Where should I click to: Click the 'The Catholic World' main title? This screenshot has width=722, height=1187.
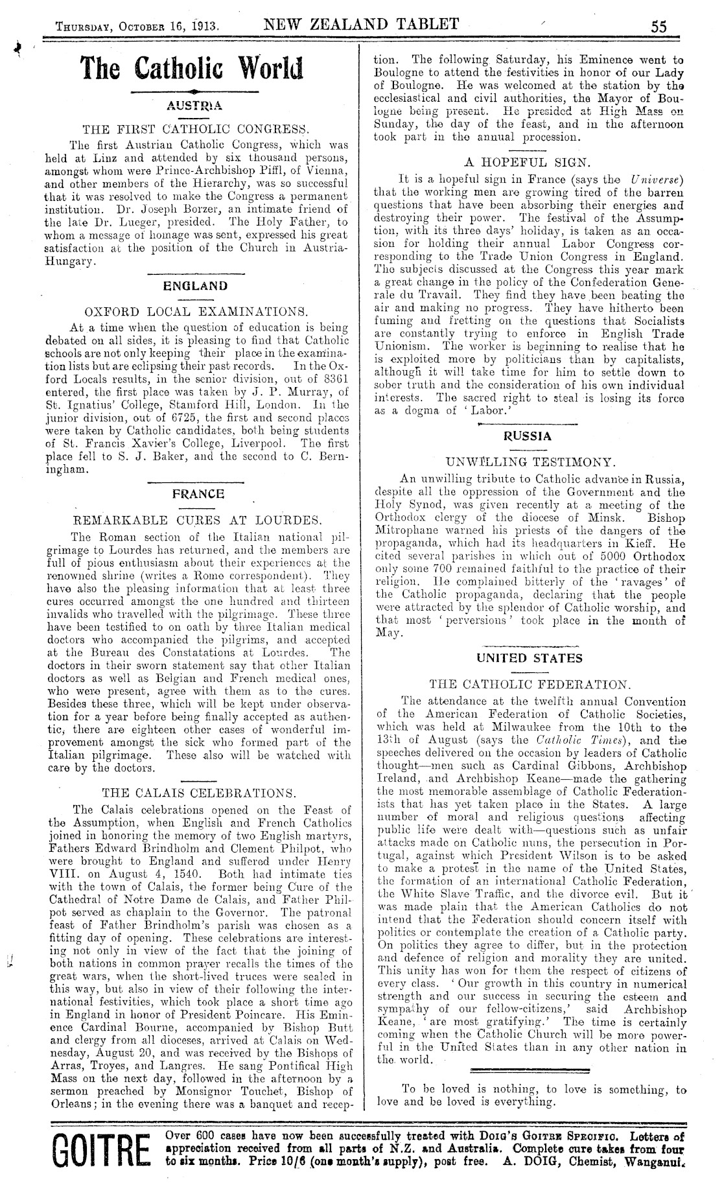192,68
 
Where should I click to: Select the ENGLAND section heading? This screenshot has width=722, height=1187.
196,285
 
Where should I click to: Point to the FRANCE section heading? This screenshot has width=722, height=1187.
198,494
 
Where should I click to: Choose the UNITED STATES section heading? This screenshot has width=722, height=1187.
530,658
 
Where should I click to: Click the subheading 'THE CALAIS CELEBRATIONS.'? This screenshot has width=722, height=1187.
199,793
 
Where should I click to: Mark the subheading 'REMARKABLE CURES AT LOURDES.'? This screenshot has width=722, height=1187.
198,520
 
